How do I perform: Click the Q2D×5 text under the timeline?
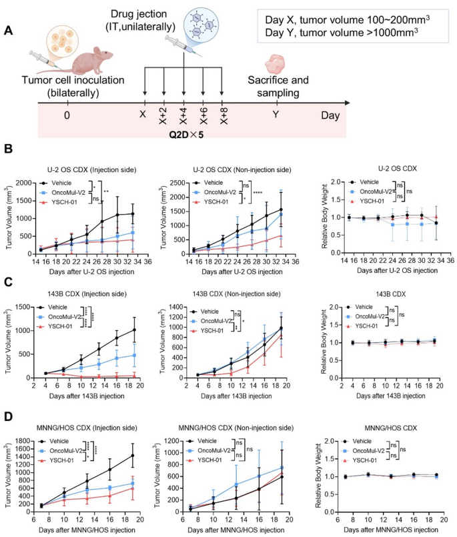(185, 131)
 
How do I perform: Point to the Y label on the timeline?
(276, 114)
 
